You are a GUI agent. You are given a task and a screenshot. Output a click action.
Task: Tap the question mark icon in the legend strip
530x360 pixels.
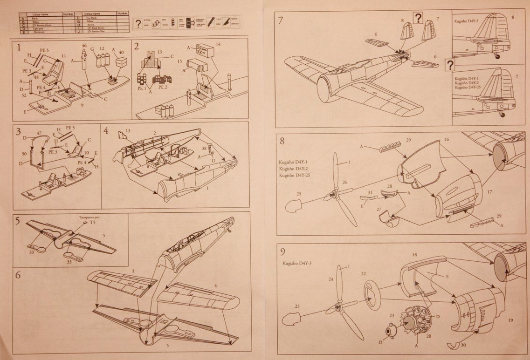click(x=138, y=22)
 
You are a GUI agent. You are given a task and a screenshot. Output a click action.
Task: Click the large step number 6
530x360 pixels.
click(x=18, y=275)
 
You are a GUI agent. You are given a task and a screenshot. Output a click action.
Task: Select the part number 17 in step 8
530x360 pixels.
click(x=489, y=191)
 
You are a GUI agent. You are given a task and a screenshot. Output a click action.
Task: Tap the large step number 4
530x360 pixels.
click(x=106, y=131)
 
